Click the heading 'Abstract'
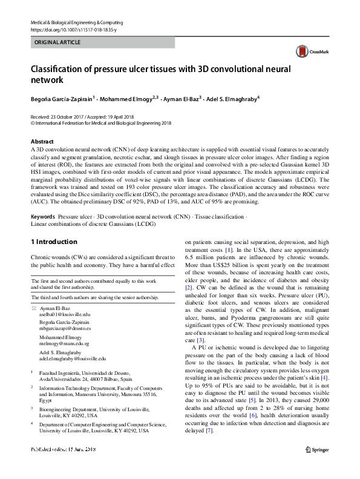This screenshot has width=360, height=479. point(41,141)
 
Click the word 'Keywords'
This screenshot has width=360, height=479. point(44,216)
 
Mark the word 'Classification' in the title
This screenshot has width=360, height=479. point(65,68)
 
